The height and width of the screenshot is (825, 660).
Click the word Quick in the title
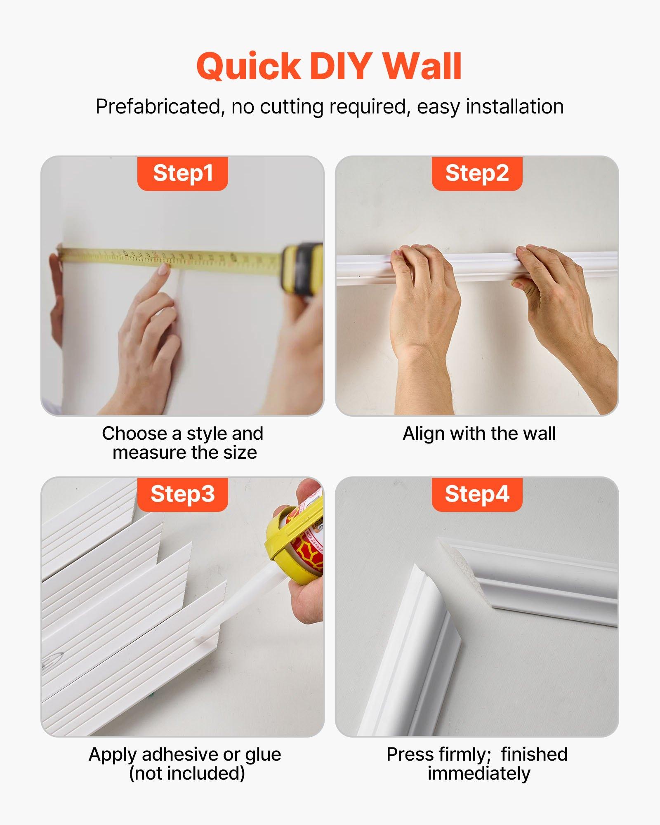tap(248, 67)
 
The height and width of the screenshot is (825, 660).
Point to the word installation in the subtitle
tap(514, 107)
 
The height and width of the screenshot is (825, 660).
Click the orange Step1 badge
tap(183, 173)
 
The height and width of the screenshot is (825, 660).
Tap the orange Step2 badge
tap(477, 173)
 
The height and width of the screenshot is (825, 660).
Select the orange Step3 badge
tap(183, 494)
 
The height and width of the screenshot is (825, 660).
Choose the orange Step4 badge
tap(477, 494)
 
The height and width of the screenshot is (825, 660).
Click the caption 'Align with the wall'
tap(479, 434)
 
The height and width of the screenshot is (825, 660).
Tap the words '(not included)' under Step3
tap(187, 773)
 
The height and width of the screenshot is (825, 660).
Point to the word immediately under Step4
tap(478, 773)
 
